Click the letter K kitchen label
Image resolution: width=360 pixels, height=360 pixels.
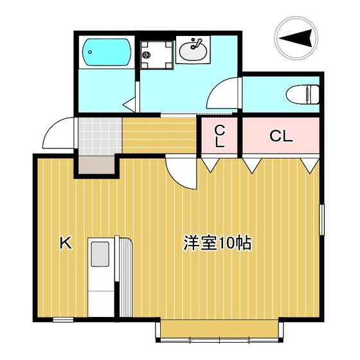coord(65,242)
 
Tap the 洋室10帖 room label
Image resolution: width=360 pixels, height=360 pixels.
coord(217,244)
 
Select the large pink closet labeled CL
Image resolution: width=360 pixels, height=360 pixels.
coord(281,136)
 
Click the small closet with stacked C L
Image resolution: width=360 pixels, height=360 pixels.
coord(220,136)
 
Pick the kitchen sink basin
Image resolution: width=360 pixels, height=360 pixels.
coord(100,254)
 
